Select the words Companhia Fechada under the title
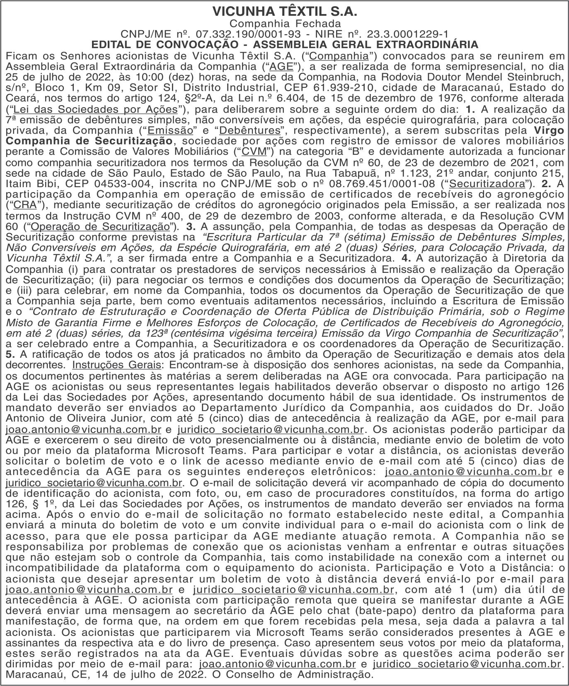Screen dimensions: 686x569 (285, 24)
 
